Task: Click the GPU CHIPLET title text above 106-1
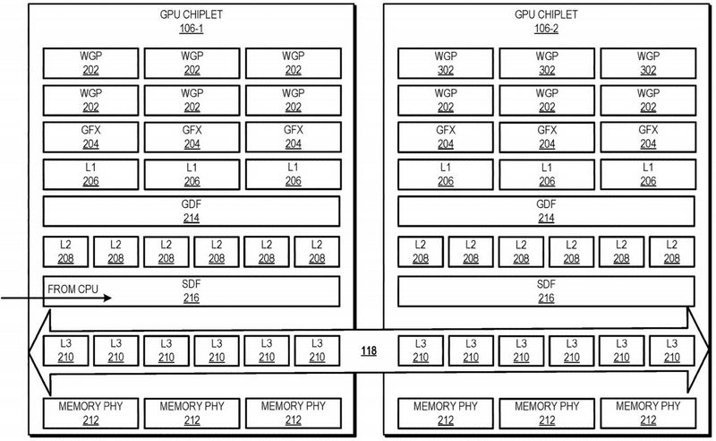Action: pos(191,14)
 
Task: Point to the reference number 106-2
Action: pos(546,29)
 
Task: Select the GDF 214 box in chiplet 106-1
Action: pos(192,212)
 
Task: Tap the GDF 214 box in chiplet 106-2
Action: pos(546,212)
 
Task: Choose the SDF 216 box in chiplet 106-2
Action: pos(546,291)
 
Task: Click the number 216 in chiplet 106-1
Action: pos(192,298)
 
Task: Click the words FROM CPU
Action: pos(73,290)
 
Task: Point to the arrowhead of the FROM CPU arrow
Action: pos(111,298)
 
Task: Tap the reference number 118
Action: pos(369,350)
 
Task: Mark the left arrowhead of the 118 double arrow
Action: pos(30,351)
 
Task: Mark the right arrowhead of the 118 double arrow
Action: pos(709,350)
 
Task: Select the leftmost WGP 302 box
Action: pos(446,63)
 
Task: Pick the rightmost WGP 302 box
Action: pos(648,63)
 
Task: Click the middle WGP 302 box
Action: pos(547,63)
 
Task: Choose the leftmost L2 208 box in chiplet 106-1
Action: pos(65,252)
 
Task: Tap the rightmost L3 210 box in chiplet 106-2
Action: pos(672,350)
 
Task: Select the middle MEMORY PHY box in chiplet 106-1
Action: pos(192,413)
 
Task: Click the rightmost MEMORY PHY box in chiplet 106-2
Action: pos(648,413)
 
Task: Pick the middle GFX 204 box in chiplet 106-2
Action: pos(547,137)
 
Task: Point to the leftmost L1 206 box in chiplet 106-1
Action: pos(90,174)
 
